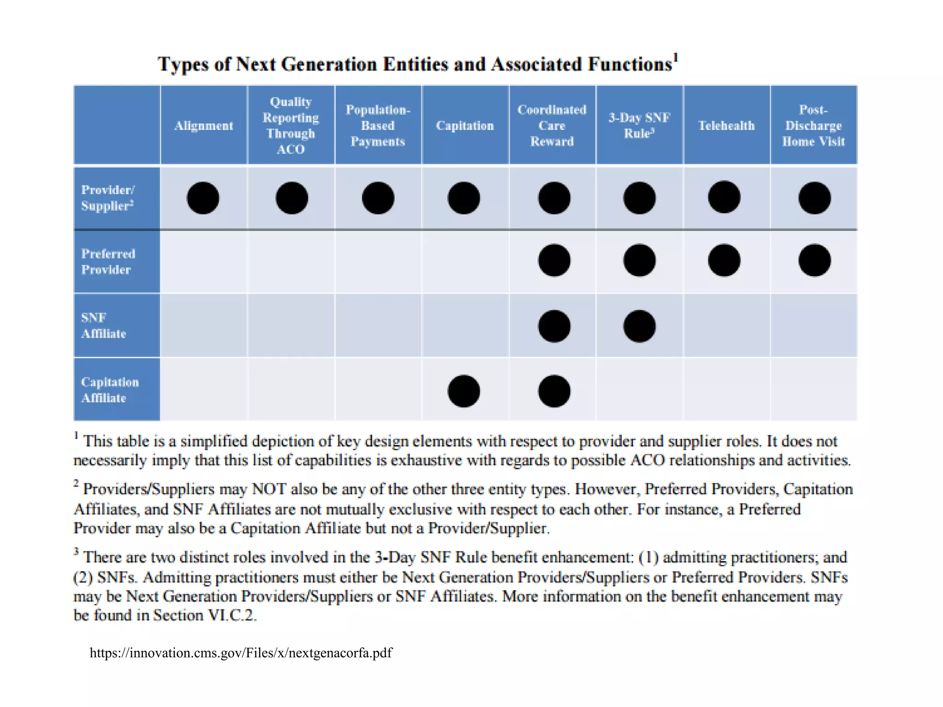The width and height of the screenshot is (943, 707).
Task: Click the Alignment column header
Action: [x=204, y=126]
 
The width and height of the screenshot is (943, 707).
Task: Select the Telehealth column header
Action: [x=726, y=126]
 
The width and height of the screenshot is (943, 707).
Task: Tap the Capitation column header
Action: [x=465, y=126]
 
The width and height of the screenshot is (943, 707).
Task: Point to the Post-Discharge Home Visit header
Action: [x=813, y=126]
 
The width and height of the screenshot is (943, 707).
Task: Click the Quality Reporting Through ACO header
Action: [x=291, y=125]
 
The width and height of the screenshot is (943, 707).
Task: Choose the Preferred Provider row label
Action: [x=108, y=261]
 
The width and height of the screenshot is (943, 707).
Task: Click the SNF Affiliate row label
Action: [x=103, y=325]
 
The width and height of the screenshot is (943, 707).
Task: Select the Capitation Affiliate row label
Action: [x=110, y=390]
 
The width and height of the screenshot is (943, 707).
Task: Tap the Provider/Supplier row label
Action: [x=108, y=198]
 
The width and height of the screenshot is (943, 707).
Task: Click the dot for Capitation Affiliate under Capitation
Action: [x=464, y=391]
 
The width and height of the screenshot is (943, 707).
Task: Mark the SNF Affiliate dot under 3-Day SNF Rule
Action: [x=639, y=326]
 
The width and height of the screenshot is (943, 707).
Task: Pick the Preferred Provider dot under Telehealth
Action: [x=724, y=261]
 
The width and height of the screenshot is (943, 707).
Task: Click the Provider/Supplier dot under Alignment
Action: [x=203, y=198]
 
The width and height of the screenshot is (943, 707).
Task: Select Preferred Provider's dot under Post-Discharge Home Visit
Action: [x=815, y=261]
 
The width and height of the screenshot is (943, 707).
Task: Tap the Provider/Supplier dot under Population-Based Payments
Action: [x=378, y=198]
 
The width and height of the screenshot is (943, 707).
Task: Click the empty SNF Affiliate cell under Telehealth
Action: [x=727, y=325]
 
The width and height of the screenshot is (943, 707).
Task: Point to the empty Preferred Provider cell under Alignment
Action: [x=204, y=261]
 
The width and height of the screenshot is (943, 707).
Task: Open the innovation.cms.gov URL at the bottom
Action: [x=241, y=653]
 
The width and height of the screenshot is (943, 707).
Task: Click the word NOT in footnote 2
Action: [x=269, y=489]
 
